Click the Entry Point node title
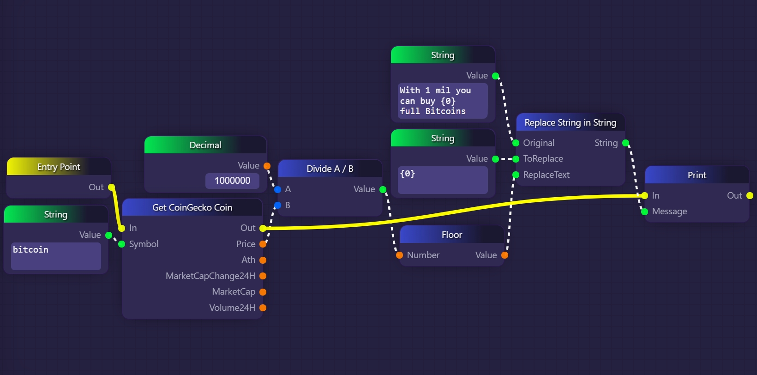click(x=59, y=167)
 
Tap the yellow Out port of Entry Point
click(x=111, y=187)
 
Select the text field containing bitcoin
click(x=56, y=256)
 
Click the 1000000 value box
click(x=232, y=181)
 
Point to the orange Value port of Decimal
click(x=267, y=166)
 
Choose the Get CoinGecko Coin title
click(x=192, y=207)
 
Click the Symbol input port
click(x=122, y=244)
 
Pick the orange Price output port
click(x=263, y=244)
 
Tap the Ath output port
click(x=263, y=260)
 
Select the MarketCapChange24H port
click(x=263, y=276)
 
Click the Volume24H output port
click(x=263, y=308)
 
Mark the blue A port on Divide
click(x=277, y=189)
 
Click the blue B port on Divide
click(x=277, y=205)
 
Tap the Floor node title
click(x=451, y=235)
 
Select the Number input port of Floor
click(x=400, y=255)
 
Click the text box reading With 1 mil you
click(x=442, y=101)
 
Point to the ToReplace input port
click(x=516, y=159)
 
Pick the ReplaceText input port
click(x=516, y=175)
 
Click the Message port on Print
click(x=644, y=212)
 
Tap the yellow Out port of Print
click(x=750, y=196)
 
